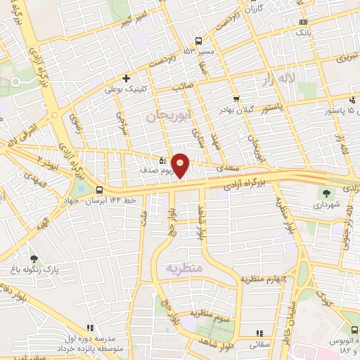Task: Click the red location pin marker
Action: [181, 165]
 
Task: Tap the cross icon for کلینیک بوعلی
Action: [126, 78]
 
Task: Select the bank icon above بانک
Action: [302, 22]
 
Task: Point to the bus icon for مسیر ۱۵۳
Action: [199, 40]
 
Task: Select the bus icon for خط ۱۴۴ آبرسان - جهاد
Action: [100, 190]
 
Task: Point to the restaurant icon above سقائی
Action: [259, 333]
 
